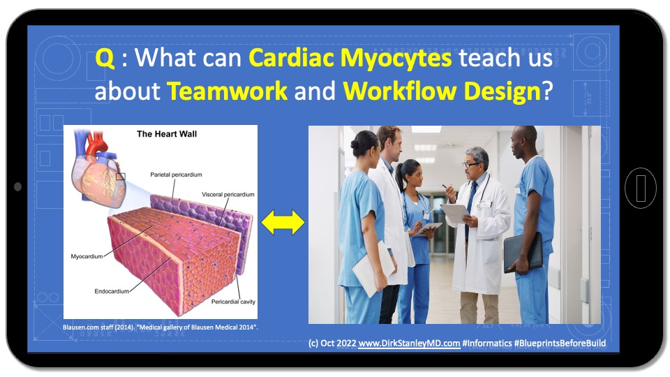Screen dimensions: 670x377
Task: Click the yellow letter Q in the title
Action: pos(105,58)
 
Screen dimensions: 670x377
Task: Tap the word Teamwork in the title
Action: pos(227,91)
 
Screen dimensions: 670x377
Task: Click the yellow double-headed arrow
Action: pos(283,222)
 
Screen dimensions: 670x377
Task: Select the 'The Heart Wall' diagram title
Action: pos(167,134)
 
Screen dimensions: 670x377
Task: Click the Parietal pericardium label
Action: pos(176,175)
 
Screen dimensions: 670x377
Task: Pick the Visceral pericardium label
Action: pos(228,195)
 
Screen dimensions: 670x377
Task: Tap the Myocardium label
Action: pos(87,256)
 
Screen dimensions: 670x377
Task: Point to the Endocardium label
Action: pos(112,291)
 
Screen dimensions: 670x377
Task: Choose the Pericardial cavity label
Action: pos(233,302)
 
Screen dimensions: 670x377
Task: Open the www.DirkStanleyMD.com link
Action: pos(409,343)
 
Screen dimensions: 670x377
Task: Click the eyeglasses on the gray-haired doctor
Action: pos(471,165)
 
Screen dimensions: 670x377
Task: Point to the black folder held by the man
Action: pos(523,252)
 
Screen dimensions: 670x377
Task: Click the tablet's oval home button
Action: pos(641,188)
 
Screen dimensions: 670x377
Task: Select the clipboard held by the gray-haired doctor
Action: pos(455,212)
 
